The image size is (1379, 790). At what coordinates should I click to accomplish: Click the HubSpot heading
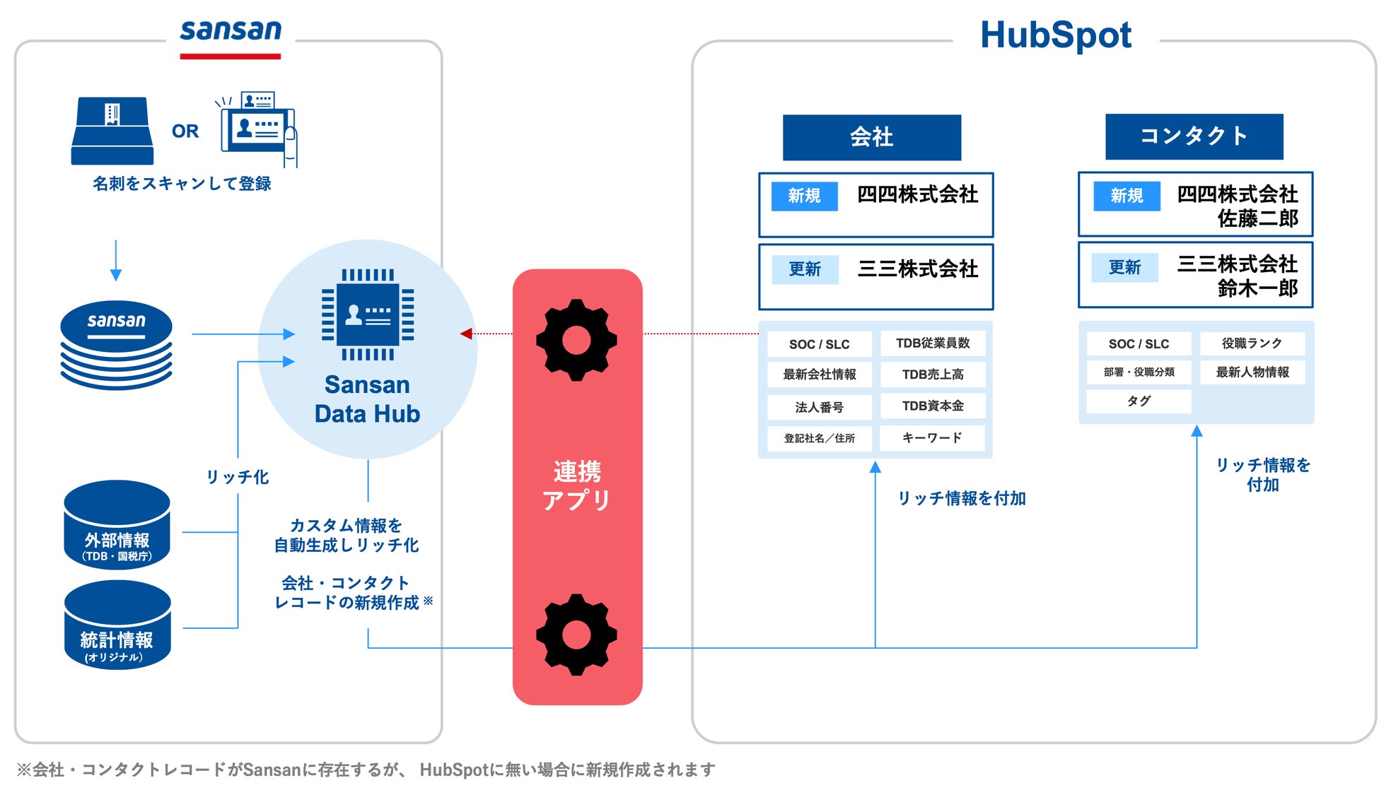(1055, 35)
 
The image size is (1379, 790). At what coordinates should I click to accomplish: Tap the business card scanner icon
(112, 131)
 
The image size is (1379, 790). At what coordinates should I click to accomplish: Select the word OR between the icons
(185, 131)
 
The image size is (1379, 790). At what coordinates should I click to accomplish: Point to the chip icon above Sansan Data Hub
(368, 314)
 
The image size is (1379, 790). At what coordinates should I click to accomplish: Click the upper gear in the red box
(576, 340)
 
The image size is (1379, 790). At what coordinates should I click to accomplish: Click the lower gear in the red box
(576, 635)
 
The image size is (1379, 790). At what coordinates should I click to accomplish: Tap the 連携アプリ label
(577, 485)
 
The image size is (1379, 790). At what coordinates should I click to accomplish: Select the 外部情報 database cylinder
(117, 525)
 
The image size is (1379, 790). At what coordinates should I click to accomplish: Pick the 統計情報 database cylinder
(117, 625)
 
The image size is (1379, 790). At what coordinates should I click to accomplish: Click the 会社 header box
(871, 137)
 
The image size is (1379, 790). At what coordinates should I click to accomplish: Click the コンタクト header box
(1194, 136)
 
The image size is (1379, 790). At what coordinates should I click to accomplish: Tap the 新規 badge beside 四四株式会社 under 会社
(804, 196)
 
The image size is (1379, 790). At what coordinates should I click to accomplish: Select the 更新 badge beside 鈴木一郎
(1124, 267)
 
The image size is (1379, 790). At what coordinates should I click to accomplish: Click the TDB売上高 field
(932, 375)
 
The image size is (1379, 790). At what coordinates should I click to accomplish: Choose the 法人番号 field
(819, 407)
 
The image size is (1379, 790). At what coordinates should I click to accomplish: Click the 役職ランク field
(1252, 343)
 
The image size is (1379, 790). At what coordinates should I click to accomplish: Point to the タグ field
(1139, 401)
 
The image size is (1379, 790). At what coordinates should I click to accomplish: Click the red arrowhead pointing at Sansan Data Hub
(466, 334)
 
